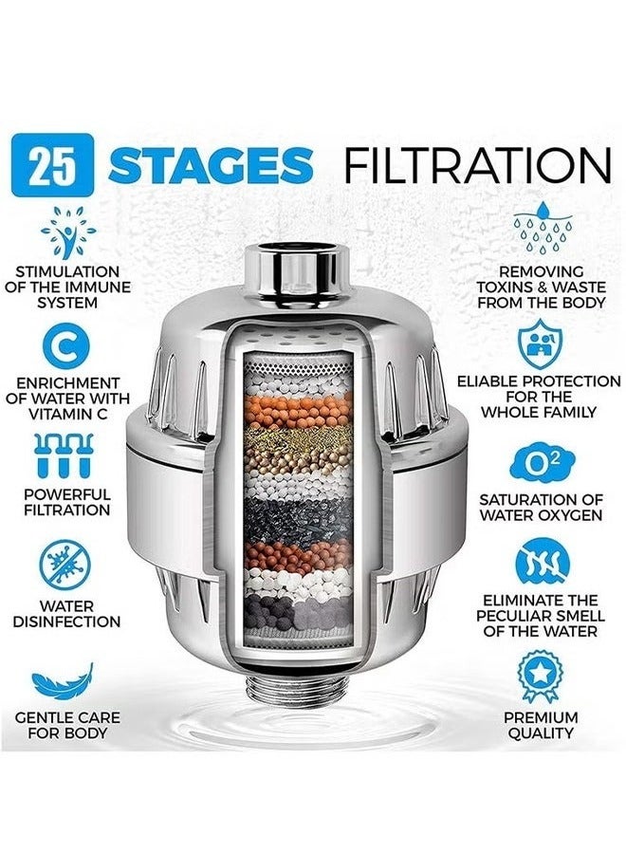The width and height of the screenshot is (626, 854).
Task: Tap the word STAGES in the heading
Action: [210, 166]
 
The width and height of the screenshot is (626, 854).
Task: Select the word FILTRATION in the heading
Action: [476, 166]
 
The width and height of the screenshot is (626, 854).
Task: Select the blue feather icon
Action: [64, 679]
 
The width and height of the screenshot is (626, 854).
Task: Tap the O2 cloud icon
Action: [542, 463]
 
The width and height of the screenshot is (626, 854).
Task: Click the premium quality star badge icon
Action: [542, 675]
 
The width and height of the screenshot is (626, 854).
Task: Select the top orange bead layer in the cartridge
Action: [297, 412]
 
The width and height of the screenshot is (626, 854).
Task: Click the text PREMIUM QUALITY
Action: [540, 725]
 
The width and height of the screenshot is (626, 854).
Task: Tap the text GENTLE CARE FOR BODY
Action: [67, 725]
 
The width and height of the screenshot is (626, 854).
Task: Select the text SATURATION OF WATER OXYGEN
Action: [541, 507]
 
